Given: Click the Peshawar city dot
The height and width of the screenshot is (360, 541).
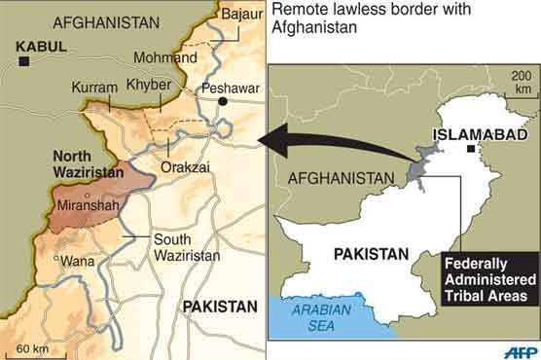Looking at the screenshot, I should click(223, 100).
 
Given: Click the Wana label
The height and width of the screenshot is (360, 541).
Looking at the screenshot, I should click(73, 261).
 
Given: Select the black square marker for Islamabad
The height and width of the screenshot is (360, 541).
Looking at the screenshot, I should click(470, 149).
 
